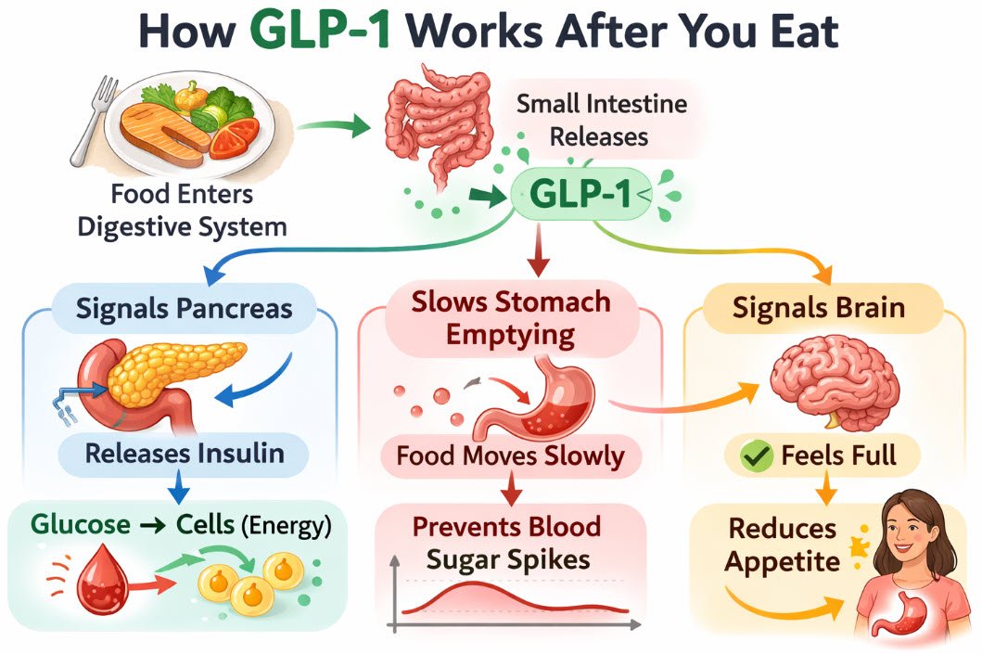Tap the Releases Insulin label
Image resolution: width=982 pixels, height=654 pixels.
pyautogui.click(x=185, y=454)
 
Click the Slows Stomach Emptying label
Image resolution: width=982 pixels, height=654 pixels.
pyautogui.click(x=511, y=317)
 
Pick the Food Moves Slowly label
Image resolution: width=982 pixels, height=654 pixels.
pyautogui.click(x=511, y=456)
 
